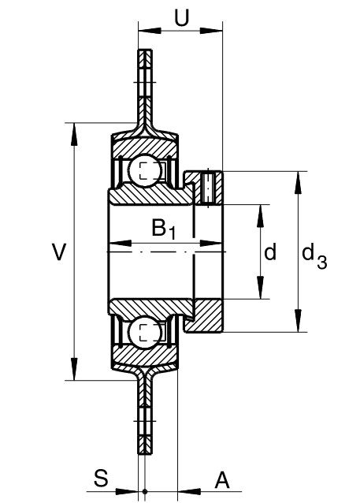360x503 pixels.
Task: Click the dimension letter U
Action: pos(181,17)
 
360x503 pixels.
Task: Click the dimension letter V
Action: pos(59,251)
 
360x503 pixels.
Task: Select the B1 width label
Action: pos(164,229)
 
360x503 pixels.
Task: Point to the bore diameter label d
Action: pos(270,251)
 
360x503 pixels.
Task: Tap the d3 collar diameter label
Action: pos(314,256)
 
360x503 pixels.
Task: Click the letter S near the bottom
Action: pos(101,478)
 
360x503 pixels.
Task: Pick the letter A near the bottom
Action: pos(222,480)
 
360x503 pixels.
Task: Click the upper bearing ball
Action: pos(145,170)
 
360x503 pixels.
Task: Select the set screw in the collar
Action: pos(208,188)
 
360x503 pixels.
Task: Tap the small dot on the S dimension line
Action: pos(145,491)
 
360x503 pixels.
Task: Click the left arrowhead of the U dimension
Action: pos(150,31)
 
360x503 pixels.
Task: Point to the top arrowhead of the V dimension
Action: pos(74,134)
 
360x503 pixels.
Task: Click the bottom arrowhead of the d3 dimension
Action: pos(298,320)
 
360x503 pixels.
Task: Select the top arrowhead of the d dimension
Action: pos(260,215)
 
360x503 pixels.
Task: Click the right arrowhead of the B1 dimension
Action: pos(211,243)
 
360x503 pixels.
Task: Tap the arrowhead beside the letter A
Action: pos(189,491)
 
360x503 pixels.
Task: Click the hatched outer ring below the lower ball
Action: pos(144,356)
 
